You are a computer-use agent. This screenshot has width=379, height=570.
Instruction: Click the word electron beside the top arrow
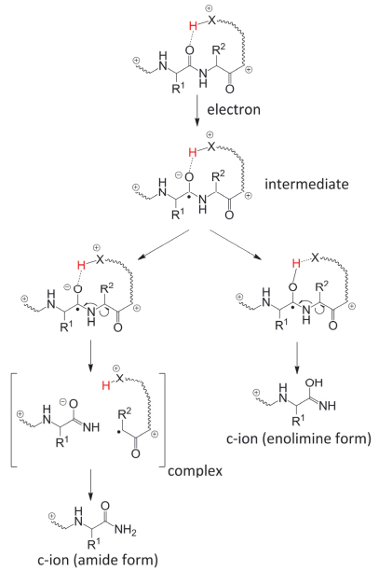[234, 109]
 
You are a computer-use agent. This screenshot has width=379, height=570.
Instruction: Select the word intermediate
[306, 184]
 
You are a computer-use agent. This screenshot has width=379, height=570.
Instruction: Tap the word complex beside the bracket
[195, 471]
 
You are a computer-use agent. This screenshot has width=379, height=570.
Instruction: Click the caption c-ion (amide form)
[98, 560]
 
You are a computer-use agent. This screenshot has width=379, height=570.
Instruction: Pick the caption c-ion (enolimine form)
[299, 438]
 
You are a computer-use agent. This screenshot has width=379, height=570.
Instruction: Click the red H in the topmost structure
[194, 26]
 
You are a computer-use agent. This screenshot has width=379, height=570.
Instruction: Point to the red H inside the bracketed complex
[106, 385]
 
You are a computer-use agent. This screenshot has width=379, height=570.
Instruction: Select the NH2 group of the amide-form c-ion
[125, 531]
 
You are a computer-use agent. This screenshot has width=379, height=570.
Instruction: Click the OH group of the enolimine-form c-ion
[314, 382]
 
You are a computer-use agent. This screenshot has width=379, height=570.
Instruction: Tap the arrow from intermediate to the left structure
[164, 245]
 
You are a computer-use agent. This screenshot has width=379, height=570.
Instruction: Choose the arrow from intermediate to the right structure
[236, 245]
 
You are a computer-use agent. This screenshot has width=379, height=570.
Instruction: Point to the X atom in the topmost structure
[211, 21]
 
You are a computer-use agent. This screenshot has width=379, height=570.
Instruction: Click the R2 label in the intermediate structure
[218, 176]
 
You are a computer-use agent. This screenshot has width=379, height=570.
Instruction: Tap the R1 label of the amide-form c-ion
[94, 545]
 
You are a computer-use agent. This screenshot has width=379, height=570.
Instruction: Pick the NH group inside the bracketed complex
[91, 427]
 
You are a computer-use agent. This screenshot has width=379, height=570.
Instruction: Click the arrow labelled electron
[196, 110]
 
